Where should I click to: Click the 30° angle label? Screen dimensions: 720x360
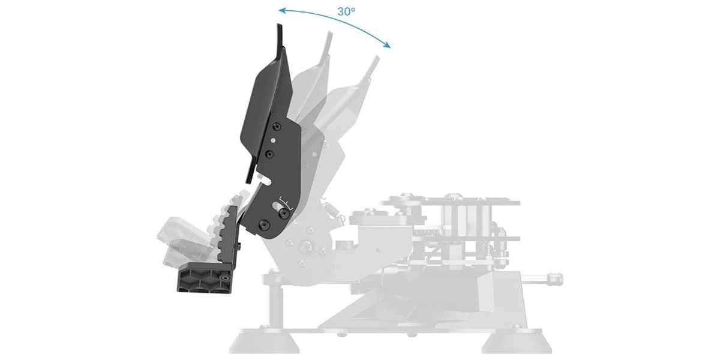(346, 12)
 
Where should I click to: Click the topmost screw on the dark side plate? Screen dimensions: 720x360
(276, 127)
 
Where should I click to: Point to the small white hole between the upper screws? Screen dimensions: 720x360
(273, 140)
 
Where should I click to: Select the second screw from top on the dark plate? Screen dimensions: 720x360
(269, 154)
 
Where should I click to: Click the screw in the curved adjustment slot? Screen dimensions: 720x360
(283, 213)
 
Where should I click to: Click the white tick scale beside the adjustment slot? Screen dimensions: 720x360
(286, 203)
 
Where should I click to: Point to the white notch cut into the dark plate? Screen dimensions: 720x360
(264, 179)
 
